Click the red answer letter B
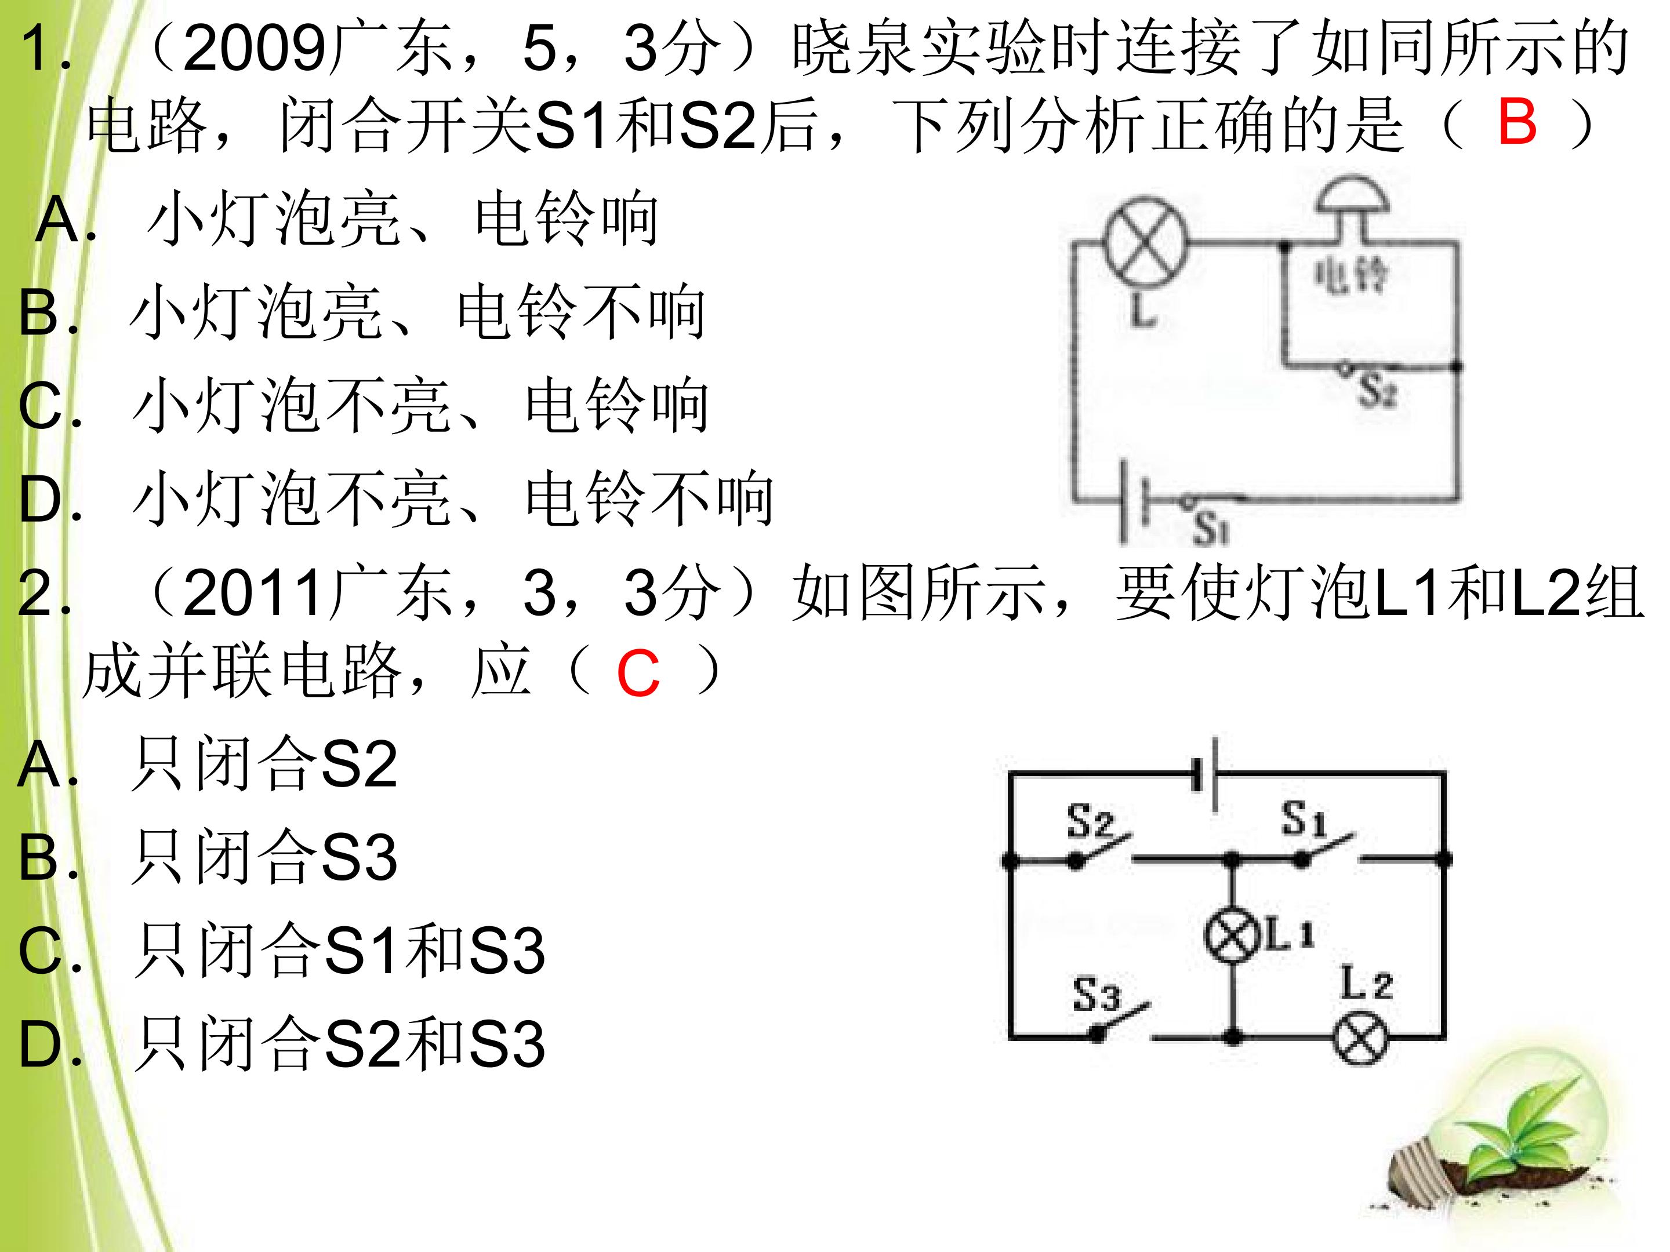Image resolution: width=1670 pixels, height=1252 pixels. (1517, 122)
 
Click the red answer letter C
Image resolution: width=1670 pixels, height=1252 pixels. (638, 674)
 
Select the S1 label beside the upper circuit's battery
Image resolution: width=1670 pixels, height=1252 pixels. (1211, 527)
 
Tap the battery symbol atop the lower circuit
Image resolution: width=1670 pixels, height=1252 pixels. (1206, 774)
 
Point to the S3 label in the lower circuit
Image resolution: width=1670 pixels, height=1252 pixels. (1096, 994)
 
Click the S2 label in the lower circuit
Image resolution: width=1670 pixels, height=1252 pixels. (1090, 821)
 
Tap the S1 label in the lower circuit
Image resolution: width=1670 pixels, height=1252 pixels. (1304, 819)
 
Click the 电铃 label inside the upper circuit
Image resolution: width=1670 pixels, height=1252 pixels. (1350, 275)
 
